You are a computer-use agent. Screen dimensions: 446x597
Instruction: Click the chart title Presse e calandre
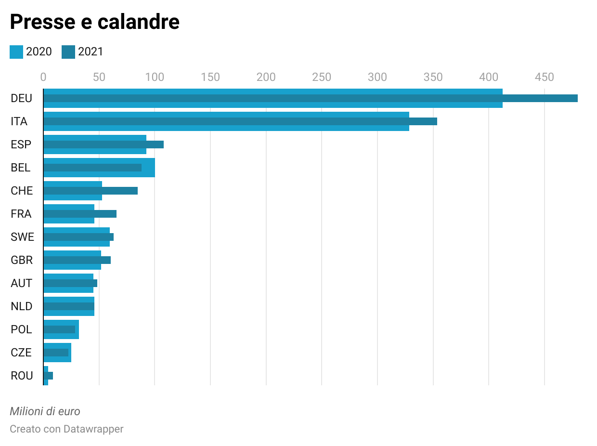point(95,22)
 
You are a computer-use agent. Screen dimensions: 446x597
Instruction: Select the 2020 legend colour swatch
point(16,52)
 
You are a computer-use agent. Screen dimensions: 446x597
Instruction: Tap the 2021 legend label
point(91,52)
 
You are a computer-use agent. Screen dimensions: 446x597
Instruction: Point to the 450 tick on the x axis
point(545,77)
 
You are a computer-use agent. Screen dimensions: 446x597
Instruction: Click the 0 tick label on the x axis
point(43,77)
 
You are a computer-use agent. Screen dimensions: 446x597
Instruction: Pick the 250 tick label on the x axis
point(322,77)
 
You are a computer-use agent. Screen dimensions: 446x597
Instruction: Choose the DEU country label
point(21,98)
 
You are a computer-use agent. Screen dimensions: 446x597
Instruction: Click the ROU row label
point(22,376)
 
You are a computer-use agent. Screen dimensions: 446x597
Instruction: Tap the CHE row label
point(22,191)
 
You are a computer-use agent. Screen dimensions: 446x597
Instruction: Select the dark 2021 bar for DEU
point(311,98)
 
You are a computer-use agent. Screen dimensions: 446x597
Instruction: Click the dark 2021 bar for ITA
point(240,121)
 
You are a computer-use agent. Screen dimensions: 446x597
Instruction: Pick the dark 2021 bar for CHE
point(91,191)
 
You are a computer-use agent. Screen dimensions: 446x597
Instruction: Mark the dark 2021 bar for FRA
point(80,214)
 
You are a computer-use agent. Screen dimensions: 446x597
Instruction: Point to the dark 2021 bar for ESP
point(104,144)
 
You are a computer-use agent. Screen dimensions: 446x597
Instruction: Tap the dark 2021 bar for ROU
point(48,376)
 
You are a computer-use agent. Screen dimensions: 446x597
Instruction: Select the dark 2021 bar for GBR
point(77,260)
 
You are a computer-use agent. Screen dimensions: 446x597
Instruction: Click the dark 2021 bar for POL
point(59,329)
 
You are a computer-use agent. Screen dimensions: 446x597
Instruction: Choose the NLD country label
point(22,306)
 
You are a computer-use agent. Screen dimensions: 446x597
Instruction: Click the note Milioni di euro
point(45,411)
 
